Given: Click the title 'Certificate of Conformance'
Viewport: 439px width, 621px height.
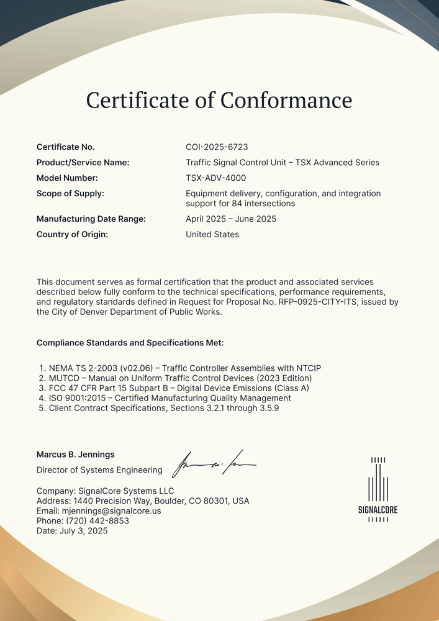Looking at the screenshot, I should click(x=219, y=100).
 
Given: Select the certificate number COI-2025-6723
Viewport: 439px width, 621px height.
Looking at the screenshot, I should click(x=217, y=147).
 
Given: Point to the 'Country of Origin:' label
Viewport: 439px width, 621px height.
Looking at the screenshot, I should click(x=72, y=234).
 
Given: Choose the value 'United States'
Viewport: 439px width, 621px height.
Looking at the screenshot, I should click(x=212, y=234).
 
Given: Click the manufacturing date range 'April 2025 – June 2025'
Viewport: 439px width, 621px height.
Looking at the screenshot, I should click(x=231, y=219).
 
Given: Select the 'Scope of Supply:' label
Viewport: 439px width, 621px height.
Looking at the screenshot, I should click(x=70, y=194).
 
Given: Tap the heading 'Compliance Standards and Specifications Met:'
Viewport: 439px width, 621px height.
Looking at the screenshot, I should click(x=130, y=343).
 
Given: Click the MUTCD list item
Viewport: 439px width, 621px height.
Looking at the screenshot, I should click(x=180, y=378).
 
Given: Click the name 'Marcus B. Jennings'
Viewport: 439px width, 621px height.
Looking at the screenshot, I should click(x=75, y=455).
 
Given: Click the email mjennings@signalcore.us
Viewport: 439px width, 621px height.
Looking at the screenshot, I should click(x=112, y=511).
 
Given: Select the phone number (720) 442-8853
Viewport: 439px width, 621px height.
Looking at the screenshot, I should click(x=97, y=521).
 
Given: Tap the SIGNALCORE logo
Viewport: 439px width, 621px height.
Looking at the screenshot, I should click(x=378, y=489).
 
